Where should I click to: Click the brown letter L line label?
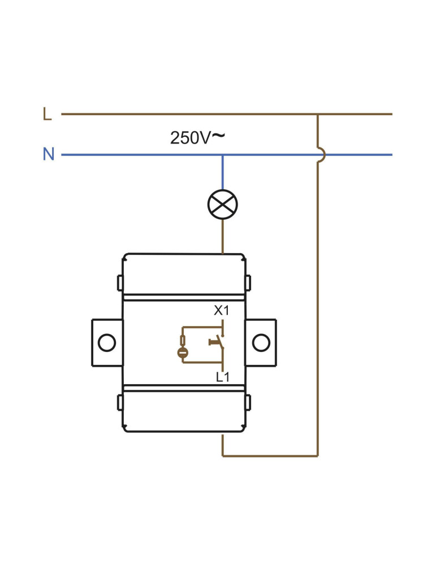click(x=48, y=114)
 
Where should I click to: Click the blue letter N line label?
click(x=49, y=154)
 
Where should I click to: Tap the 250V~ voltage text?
click(x=197, y=137)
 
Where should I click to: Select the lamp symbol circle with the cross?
click(x=222, y=205)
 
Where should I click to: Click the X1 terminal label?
click(x=222, y=310)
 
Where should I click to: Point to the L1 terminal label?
click(x=222, y=377)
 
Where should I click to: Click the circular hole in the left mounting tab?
click(x=107, y=342)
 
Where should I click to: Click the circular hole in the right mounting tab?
click(x=261, y=342)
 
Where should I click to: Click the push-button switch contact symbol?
click(x=217, y=342)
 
